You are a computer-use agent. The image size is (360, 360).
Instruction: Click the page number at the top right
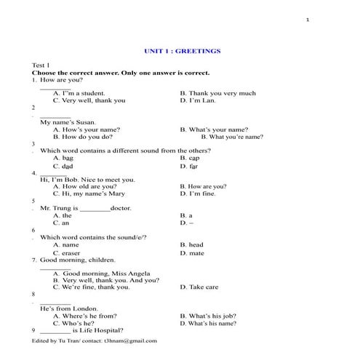pyautogui.click(x=308, y=20)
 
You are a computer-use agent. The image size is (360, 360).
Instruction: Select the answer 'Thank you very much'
pyautogui.click(x=217, y=93)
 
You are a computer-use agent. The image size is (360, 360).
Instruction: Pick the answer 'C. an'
pyautogui.click(x=61, y=222)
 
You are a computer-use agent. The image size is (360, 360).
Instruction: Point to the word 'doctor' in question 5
pyautogui.click(x=121, y=208)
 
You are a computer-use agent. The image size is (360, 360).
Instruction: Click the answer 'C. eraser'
pyautogui.click(x=66, y=253)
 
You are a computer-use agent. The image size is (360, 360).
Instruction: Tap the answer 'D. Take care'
pyautogui.click(x=199, y=287)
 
